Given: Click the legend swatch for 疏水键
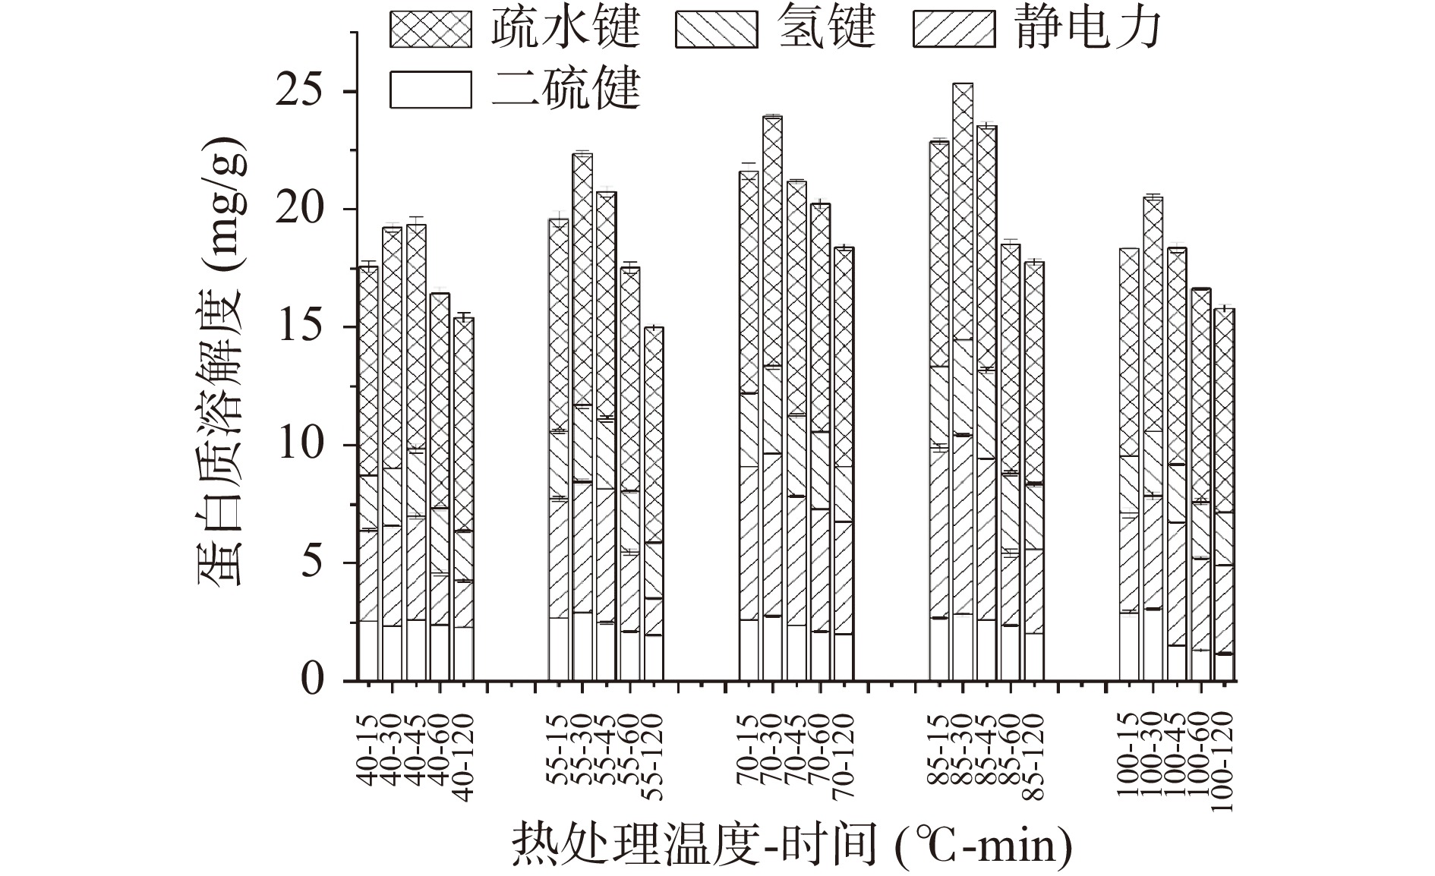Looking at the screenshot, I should pos(430,29).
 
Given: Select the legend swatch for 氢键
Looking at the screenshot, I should pos(716,29).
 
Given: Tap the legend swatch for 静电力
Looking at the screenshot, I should pos(953,29).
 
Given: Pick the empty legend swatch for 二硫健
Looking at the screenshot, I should pos(430,90).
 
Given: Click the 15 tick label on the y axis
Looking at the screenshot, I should pos(304,327).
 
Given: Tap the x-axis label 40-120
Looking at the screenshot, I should pos(464,758).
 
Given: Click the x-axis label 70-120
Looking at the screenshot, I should pos(844,758).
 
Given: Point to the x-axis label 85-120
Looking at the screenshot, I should pos(1033,758).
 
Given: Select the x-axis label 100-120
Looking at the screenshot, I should pos(1223,762).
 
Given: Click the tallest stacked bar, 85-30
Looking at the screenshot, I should pos(963,380).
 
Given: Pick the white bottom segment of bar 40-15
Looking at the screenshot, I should pos(368,651).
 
